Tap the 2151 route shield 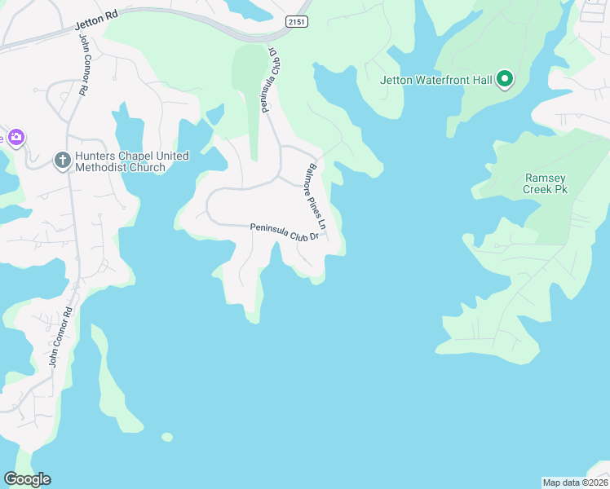[x=298, y=22]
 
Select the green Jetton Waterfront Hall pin [x=505, y=79]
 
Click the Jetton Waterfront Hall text [x=436, y=80]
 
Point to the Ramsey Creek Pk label [x=545, y=183]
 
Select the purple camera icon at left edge [x=16, y=138]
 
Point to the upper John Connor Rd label [x=82, y=68]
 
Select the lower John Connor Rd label [x=61, y=336]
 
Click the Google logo [x=27, y=479]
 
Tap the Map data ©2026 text [x=575, y=482]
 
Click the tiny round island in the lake [x=167, y=438]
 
